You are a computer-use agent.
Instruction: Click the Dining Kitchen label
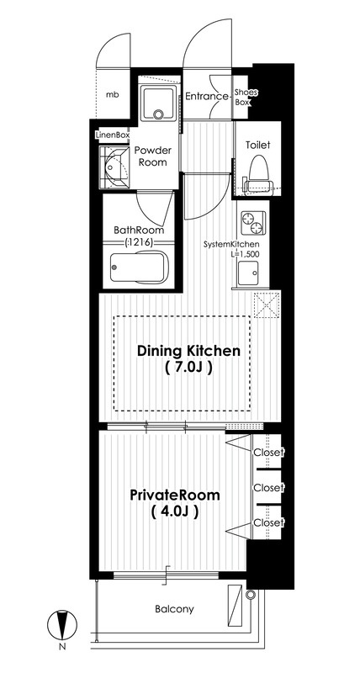coord(188,351)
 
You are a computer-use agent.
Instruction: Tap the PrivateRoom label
coord(175,495)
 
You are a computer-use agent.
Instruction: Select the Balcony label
coord(174,609)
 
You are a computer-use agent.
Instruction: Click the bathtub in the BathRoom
coord(139,267)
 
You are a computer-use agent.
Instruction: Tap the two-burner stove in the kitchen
coord(252,223)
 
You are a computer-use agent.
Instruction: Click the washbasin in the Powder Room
coord(114,167)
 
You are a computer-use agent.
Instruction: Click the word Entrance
coord(206,97)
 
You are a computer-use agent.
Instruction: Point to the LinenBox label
coord(113,135)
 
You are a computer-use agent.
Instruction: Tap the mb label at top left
coord(113,95)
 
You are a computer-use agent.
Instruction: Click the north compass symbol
coord(62,623)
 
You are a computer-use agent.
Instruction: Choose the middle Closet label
coord(268,488)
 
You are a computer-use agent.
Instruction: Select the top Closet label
coord(268,452)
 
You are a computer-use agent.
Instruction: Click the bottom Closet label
coord(268,522)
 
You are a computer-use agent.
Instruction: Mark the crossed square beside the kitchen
coord(267,305)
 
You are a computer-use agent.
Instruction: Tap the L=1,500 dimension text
coord(245,253)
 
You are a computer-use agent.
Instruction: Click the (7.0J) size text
coord(188,368)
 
